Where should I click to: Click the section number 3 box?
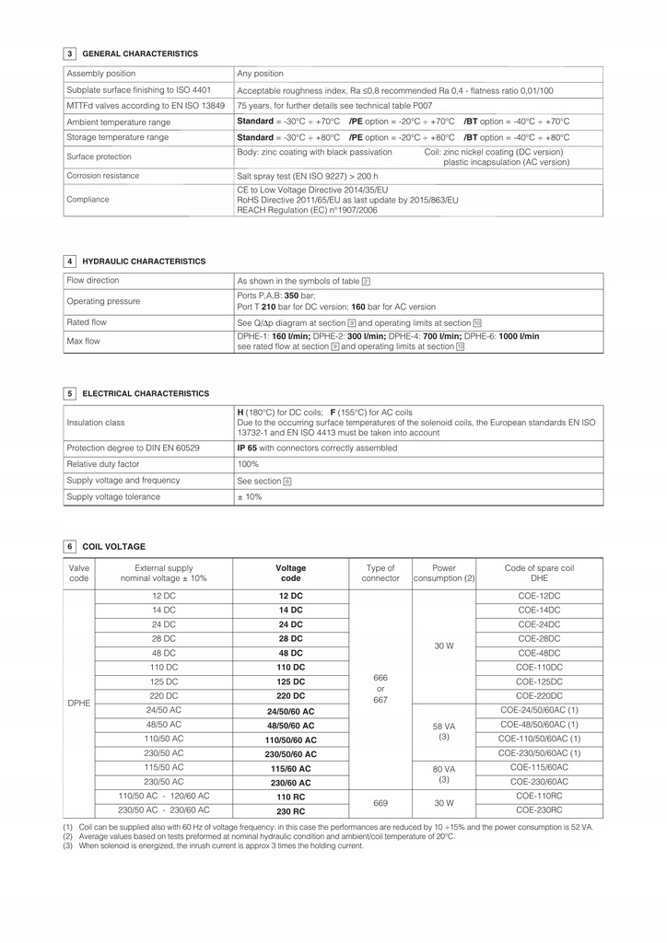point(70,54)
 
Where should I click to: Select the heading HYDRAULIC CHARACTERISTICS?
point(144,262)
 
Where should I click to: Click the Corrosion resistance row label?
point(103,176)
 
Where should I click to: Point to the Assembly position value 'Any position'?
point(261,74)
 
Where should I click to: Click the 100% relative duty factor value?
point(249,464)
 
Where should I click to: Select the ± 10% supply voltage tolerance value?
point(250,497)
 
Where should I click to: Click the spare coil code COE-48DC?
point(539,653)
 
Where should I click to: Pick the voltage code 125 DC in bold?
point(291,681)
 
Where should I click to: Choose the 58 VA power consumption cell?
point(444,731)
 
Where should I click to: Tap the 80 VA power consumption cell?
point(444,774)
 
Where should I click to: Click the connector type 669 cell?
point(380,803)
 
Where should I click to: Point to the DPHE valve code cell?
point(79,703)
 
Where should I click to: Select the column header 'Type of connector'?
point(380,574)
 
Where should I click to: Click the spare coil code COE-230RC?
point(539,810)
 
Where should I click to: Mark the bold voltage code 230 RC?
point(291,811)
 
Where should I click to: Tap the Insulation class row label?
point(96,423)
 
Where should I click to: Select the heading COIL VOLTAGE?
point(114,547)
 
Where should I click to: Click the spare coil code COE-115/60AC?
point(539,767)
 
